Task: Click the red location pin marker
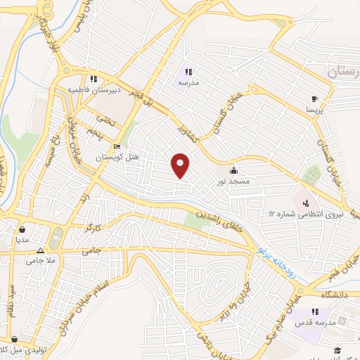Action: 181,165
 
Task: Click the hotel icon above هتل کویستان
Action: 117,147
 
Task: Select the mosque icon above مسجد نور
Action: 233,170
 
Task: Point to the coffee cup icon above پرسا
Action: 314,99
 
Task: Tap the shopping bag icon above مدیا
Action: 23,229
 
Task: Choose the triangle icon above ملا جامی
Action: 40,250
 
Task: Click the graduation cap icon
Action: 337,349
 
